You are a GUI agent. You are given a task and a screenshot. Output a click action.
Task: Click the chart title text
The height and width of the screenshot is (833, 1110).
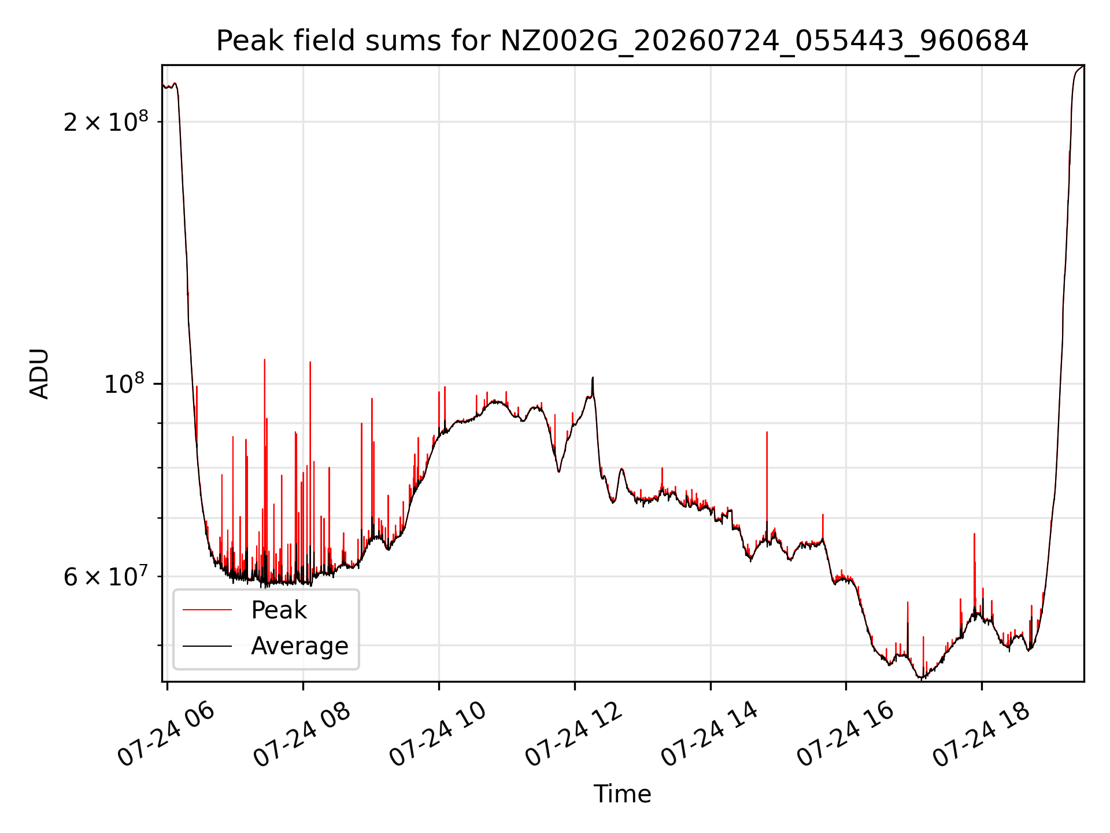622,41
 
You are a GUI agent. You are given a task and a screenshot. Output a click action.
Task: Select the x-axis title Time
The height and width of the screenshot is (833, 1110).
622,794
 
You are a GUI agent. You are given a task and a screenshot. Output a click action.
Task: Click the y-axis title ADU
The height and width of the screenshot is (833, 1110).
39,373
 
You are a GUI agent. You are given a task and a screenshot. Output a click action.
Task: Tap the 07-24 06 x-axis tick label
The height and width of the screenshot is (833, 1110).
166,735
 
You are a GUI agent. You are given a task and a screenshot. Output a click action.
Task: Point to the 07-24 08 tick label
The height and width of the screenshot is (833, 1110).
302,735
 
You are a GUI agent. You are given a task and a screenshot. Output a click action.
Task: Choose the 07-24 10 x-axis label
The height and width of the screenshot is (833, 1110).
438,735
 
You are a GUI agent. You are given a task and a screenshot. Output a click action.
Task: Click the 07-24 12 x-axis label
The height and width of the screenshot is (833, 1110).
573,735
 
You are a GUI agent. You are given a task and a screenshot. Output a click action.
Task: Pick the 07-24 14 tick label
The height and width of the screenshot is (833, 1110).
709,735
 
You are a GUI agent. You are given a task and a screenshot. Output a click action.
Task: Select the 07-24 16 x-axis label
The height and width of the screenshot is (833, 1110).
845,735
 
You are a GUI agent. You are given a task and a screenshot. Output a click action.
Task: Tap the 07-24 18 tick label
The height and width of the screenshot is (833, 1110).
981,735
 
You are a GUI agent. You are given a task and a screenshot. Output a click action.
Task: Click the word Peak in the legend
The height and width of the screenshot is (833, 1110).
279,610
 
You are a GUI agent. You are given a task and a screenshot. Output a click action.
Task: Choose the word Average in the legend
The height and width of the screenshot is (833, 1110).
299,646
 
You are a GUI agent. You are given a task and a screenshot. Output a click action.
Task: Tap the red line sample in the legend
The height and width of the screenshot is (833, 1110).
207,610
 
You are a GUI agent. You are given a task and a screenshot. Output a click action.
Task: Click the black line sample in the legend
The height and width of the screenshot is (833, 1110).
207,646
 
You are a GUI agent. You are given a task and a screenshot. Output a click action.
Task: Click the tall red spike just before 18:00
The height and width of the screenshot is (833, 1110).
974,573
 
